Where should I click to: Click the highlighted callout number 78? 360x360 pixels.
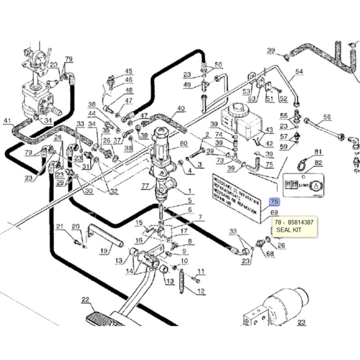pos(274,202)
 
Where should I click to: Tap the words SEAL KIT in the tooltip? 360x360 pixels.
pos(288,230)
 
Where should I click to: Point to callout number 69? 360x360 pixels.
pos(274,212)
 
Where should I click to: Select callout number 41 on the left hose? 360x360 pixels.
pos(7,121)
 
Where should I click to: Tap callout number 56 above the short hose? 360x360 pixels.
pos(326,117)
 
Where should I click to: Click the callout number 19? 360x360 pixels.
pos(104,251)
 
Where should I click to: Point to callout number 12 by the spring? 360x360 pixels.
pos(201,291)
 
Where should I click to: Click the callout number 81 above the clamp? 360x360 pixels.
pos(306,152)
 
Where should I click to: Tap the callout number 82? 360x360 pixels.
pos(306,162)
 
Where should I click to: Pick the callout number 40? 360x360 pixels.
pos(181,108)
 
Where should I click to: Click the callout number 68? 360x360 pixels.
pos(270,254)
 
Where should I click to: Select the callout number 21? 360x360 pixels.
pos(60,226)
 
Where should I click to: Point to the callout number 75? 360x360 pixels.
pos(269,165)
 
